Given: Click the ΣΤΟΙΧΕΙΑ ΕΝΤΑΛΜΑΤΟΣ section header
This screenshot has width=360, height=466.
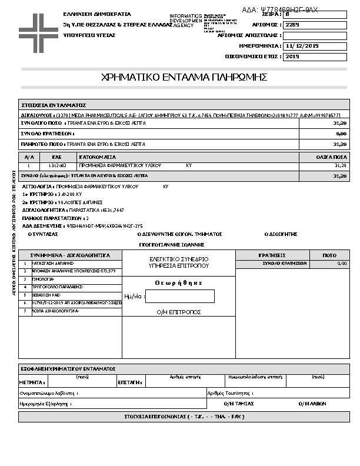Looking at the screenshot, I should pos(54,104).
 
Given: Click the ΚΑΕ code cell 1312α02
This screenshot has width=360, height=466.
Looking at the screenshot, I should pos(58,166).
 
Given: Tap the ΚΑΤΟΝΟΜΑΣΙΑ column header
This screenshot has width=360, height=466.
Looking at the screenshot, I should pos(98,157).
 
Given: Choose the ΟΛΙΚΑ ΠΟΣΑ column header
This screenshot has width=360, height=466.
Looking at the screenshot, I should pos(331,157).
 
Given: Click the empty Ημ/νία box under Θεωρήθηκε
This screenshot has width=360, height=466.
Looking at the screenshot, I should pos(180,297).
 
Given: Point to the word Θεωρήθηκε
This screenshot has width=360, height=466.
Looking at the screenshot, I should pos(179,282).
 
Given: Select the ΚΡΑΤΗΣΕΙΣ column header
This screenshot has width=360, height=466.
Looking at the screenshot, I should pos(272,255).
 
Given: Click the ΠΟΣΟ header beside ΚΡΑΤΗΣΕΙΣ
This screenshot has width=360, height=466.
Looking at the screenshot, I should pos(329,255).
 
